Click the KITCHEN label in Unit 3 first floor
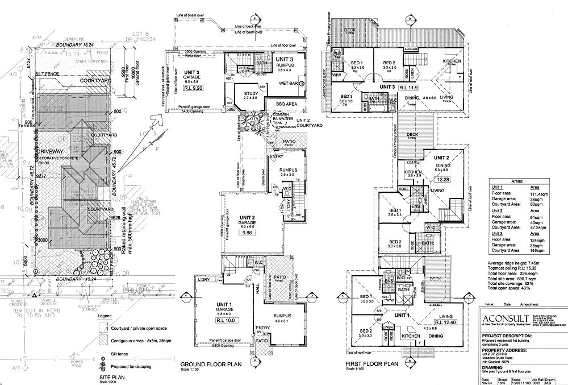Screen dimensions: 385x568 [452, 61]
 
